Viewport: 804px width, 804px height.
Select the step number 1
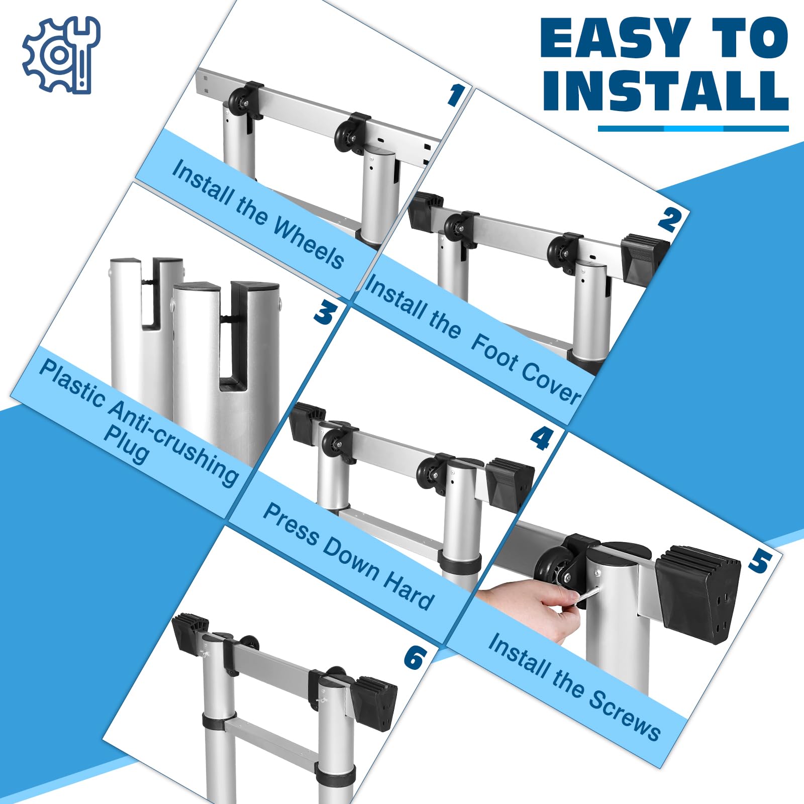click(x=456, y=94)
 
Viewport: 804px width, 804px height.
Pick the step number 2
click(x=670, y=220)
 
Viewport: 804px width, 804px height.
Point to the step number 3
click(x=326, y=312)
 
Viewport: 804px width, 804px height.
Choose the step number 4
click(x=542, y=438)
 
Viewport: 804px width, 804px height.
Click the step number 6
click(x=415, y=657)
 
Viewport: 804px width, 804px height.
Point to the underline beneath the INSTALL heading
click(x=693, y=129)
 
